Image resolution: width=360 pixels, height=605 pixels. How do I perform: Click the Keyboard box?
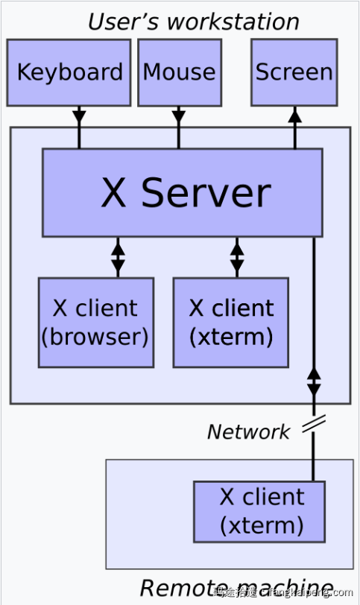(69, 72)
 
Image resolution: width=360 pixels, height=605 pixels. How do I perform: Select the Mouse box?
(179, 72)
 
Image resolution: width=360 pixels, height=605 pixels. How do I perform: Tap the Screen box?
(294, 72)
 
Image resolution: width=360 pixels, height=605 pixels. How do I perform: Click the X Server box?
(182, 192)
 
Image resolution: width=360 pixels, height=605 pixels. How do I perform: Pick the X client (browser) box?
(95, 323)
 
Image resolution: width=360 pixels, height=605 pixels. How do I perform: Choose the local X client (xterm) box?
(230, 323)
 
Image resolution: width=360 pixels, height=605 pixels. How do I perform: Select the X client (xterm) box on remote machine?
(259, 511)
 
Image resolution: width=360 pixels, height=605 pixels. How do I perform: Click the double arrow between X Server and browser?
(118, 257)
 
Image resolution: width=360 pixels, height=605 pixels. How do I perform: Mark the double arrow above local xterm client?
(237, 257)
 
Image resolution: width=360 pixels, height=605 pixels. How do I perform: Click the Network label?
(248, 431)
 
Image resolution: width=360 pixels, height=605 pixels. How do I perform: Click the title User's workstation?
(193, 21)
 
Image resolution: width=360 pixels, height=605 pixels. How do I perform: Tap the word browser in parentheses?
(95, 337)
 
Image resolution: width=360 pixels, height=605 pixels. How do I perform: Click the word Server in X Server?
(205, 192)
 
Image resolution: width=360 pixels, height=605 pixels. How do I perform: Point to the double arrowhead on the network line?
(314, 379)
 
